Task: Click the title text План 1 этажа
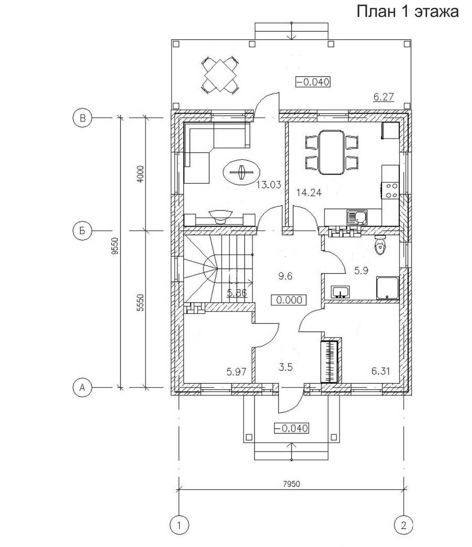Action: [408, 12]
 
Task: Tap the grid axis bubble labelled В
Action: [83, 118]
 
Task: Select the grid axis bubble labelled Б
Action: [83, 231]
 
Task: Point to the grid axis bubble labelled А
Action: [83, 388]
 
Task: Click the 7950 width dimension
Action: [291, 484]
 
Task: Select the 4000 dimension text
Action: [140, 174]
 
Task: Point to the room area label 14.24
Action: [309, 193]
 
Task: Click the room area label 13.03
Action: [269, 185]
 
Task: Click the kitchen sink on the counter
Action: [357, 217]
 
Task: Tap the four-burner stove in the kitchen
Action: [390, 190]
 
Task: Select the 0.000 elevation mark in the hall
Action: [289, 300]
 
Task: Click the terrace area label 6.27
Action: [384, 97]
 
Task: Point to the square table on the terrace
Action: [220, 75]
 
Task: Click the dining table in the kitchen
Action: [332, 152]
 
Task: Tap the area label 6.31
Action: [381, 372]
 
